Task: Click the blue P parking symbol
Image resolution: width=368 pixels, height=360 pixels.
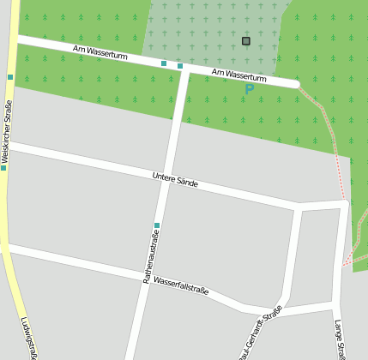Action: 250,88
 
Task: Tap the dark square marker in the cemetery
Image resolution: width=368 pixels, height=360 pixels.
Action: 246,40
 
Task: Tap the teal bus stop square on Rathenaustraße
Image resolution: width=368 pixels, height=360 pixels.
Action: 157,225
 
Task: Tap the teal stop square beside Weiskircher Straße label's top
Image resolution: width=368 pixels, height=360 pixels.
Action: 10,77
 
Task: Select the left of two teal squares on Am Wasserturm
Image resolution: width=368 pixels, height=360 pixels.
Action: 164,63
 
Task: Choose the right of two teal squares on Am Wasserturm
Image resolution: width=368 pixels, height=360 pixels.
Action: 180,66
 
